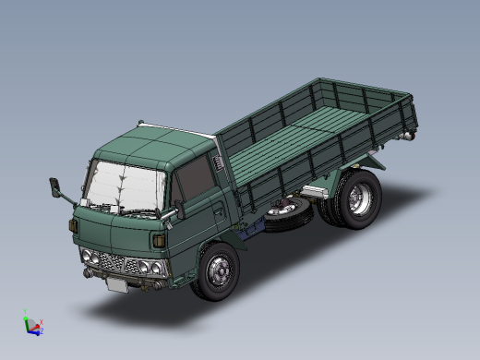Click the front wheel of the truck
pos(218,271)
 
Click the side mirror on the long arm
pos(56,187)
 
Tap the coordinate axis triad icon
pos(31,325)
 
